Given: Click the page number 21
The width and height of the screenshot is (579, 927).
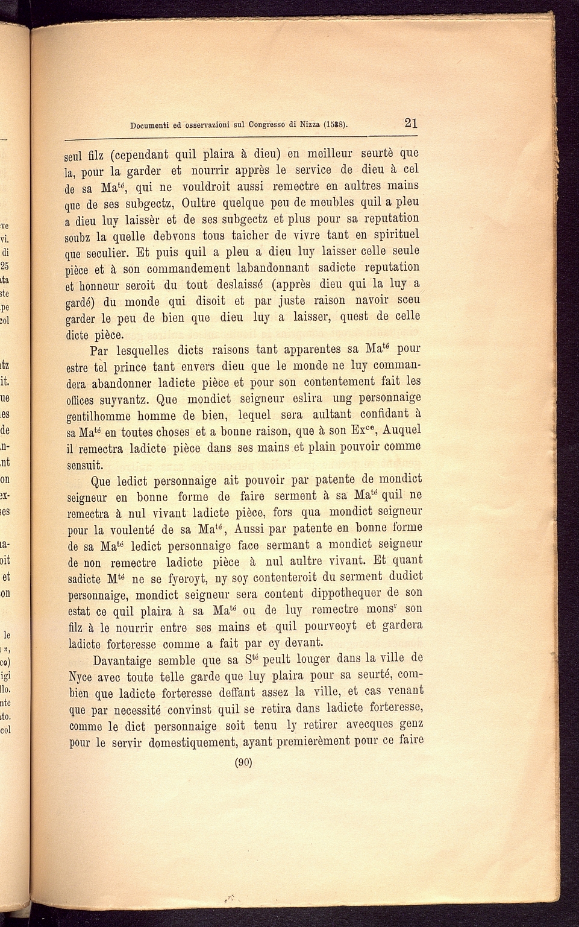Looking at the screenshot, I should tap(411, 124).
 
